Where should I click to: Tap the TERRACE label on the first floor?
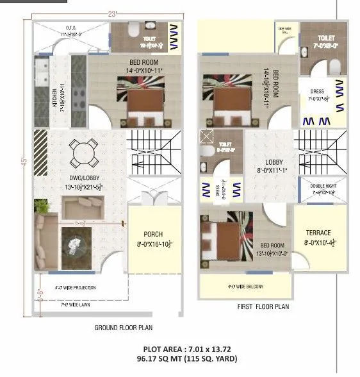pos(318,233)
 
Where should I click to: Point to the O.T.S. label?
pos(73,27)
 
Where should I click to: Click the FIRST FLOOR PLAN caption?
pos(263,307)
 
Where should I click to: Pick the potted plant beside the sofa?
pos(42,206)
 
